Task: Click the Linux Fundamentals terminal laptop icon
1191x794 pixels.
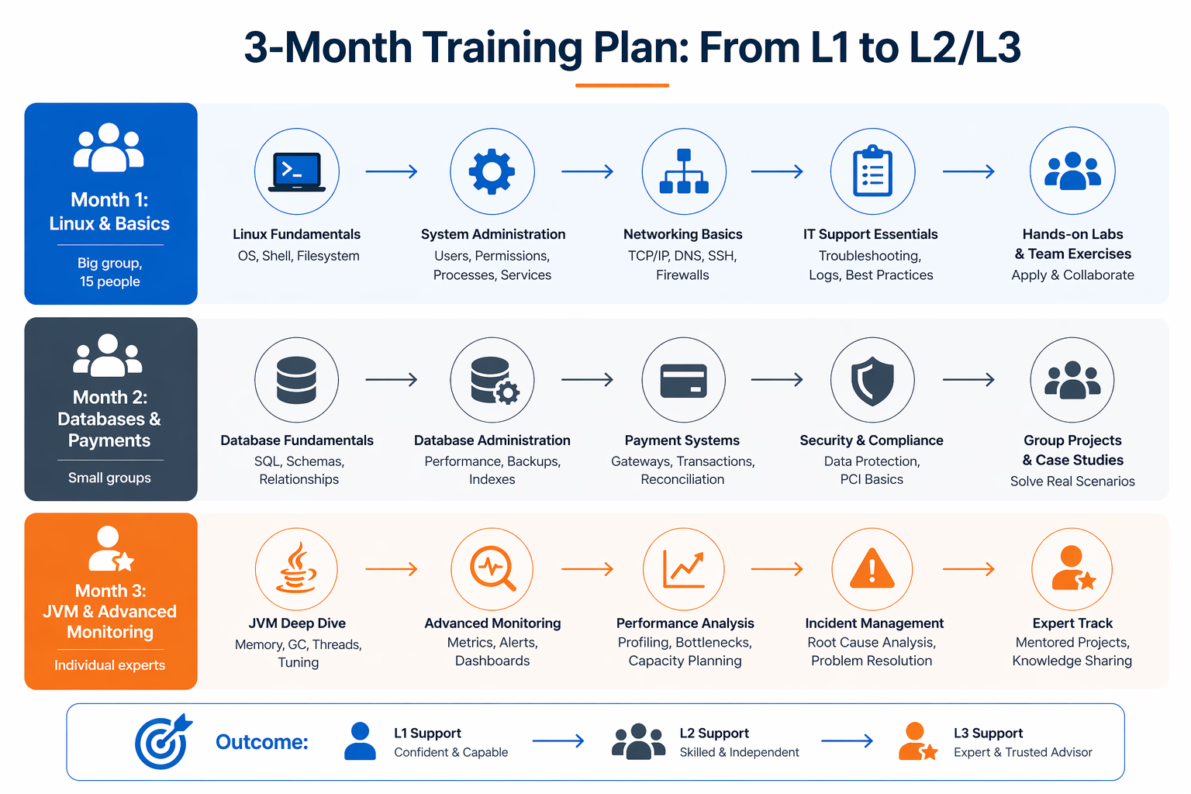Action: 297,171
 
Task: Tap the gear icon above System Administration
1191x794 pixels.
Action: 492,171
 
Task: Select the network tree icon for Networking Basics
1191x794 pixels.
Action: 683,171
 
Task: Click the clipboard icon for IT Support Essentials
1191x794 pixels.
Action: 872,171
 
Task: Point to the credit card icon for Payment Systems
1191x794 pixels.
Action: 683,380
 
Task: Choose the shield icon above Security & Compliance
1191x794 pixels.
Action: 872,380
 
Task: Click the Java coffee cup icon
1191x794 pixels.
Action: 297,569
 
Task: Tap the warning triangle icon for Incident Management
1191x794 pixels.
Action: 872,569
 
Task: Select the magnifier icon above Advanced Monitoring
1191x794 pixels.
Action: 492,569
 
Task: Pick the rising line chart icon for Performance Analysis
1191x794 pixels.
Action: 683,569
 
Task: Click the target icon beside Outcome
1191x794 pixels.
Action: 163,742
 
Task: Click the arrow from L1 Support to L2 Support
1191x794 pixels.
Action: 558,741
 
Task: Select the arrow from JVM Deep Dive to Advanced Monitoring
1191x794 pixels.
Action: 392,569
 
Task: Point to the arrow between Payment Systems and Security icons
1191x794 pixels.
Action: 777,380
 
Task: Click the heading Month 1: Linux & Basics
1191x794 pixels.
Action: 109,212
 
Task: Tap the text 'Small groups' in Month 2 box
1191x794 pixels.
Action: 109,478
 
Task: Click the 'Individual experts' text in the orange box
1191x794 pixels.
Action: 109,665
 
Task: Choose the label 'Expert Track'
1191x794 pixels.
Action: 1072,623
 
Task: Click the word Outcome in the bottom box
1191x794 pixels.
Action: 262,742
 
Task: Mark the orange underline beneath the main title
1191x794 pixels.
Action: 622,85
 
